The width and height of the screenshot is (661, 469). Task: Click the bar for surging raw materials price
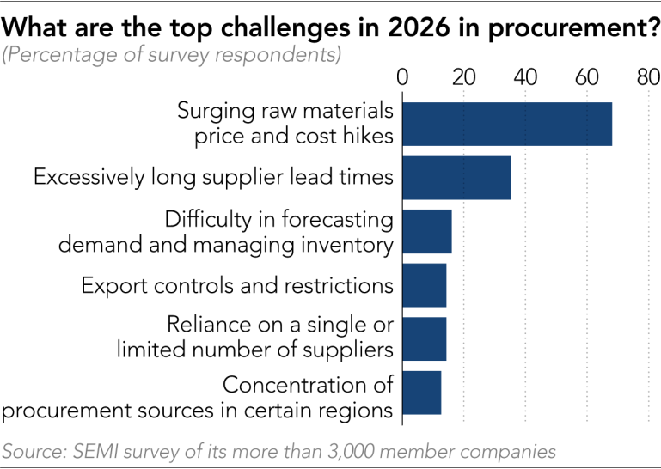pyautogui.click(x=507, y=124)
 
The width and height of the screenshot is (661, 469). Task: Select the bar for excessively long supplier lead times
pyautogui.click(x=456, y=178)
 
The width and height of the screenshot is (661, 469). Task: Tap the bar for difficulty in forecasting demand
pyautogui.click(x=426, y=231)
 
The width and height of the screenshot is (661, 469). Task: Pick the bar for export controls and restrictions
pyautogui.click(x=424, y=285)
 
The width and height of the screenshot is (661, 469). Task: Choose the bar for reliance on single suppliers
pyautogui.click(x=424, y=338)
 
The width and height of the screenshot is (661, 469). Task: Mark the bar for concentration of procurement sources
pyautogui.click(x=421, y=393)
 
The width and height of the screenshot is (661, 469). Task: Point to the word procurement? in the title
pyautogui.click(x=570, y=28)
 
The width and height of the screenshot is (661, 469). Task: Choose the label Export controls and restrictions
pyautogui.click(x=237, y=285)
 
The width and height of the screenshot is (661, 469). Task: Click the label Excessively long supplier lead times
pyautogui.click(x=213, y=177)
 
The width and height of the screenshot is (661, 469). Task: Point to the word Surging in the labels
pyautogui.click(x=213, y=113)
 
